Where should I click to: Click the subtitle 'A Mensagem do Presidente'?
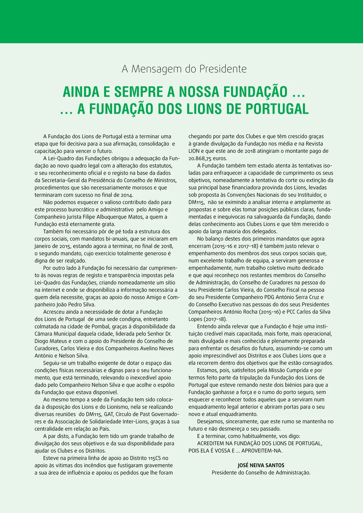[x=184, y=69]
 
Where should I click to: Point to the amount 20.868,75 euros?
[x=208, y=158]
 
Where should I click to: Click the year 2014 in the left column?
[x=127, y=195]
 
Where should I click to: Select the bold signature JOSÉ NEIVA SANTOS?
[x=261, y=465]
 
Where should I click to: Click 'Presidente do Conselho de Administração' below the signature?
[x=261, y=472]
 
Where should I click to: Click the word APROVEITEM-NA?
[x=262, y=451]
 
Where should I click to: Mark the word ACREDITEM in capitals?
[x=211, y=443]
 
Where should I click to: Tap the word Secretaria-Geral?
[x=62, y=181]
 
